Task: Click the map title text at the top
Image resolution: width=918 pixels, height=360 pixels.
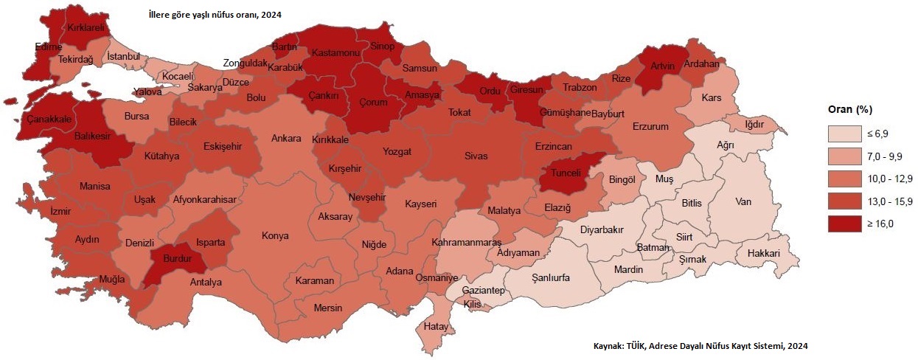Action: click(x=215, y=14)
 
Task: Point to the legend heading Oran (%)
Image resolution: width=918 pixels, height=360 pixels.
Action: click(x=848, y=110)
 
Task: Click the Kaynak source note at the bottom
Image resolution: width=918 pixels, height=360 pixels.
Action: click(x=700, y=345)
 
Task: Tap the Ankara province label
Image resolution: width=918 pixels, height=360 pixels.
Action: click(x=286, y=138)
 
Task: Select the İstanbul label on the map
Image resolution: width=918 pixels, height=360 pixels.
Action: click(x=123, y=56)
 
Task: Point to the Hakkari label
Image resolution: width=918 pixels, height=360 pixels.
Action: click(x=763, y=252)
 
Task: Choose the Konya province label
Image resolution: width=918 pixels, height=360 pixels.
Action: click(x=275, y=236)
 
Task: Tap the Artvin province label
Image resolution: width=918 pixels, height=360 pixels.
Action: click(x=663, y=66)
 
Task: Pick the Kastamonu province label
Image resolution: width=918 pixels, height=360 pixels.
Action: click(x=335, y=54)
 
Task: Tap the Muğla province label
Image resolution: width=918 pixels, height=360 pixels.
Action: click(x=113, y=280)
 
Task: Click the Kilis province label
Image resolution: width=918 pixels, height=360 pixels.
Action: click(x=472, y=304)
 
